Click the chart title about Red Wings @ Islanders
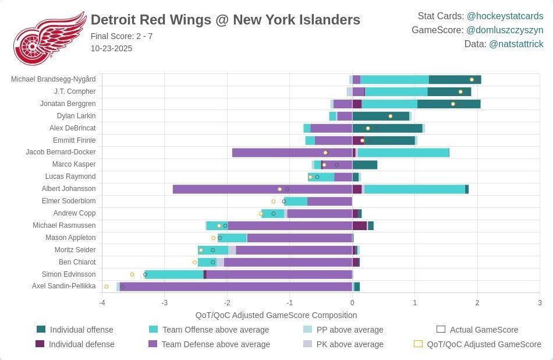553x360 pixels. click(225, 20)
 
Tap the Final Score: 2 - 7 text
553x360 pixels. click(122, 36)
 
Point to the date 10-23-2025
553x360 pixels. click(111, 48)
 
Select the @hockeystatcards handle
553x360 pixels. click(505, 16)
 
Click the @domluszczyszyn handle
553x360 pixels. click(505, 30)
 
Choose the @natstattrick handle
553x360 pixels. click(516, 44)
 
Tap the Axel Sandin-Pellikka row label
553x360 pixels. click(64, 286)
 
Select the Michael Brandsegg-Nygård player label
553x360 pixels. click(53, 79)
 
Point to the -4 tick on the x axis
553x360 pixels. click(102, 303)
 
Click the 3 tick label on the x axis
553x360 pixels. click(540, 303)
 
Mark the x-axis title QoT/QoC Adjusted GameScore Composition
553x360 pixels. click(276, 315)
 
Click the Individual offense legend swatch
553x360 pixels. click(41, 330)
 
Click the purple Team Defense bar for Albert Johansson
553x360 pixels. click(262, 189)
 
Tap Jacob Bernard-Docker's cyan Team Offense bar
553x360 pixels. click(403, 153)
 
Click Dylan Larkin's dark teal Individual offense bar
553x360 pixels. click(381, 116)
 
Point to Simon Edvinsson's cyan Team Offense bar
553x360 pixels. click(174, 274)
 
